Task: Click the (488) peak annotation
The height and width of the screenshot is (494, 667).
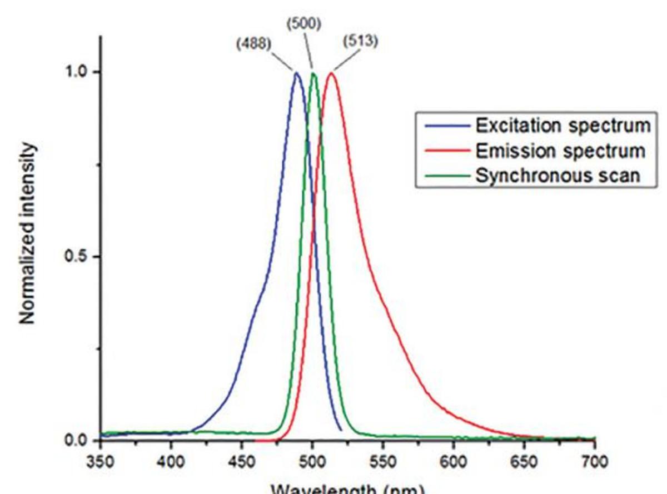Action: pos(253,45)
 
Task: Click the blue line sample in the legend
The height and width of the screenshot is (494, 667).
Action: pos(446,126)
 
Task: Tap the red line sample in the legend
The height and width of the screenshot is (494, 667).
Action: pos(446,151)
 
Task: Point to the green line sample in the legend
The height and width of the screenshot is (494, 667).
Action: pos(446,176)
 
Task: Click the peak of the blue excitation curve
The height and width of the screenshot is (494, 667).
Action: pos(296,73)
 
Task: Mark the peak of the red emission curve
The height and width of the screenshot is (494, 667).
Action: pos(332,73)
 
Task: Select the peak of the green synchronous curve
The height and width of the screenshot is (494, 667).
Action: pos(313,73)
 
